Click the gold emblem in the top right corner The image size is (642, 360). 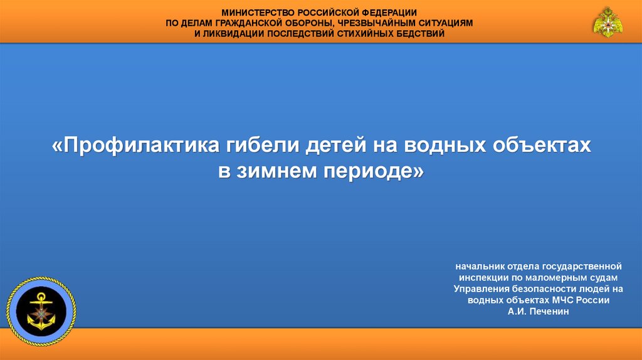608,22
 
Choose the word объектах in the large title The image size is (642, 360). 542,145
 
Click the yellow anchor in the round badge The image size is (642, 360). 41,312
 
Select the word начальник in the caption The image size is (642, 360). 480,267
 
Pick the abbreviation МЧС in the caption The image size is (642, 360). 563,300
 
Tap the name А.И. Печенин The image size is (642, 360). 539,312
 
